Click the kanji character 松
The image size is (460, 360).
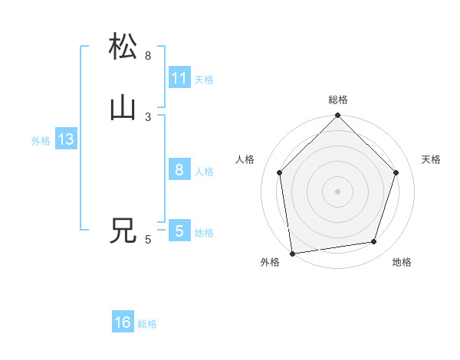tap(123, 47)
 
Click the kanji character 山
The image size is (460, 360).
tap(123, 108)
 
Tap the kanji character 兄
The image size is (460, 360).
tap(123, 231)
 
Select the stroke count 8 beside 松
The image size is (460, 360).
tap(148, 56)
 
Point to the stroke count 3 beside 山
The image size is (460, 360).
tap(148, 117)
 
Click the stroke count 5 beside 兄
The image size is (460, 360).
tap(148, 240)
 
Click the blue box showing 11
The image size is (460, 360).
tap(179, 78)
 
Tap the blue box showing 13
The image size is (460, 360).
tap(65, 140)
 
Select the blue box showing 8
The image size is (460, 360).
tap(179, 171)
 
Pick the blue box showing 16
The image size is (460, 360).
tap(123, 323)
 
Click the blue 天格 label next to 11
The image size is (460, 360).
tap(204, 80)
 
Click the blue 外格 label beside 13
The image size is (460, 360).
tap(41, 141)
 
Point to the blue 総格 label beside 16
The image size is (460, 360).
tap(147, 324)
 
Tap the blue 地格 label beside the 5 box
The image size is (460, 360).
tap(204, 233)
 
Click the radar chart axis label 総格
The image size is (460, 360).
tap(338, 100)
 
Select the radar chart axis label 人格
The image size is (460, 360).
tap(245, 159)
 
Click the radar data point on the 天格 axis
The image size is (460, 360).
tap(396, 172)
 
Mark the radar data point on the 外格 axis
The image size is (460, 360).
tap(292, 254)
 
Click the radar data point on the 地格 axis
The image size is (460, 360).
tap(374, 242)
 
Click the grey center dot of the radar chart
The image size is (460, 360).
tap(337, 191)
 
